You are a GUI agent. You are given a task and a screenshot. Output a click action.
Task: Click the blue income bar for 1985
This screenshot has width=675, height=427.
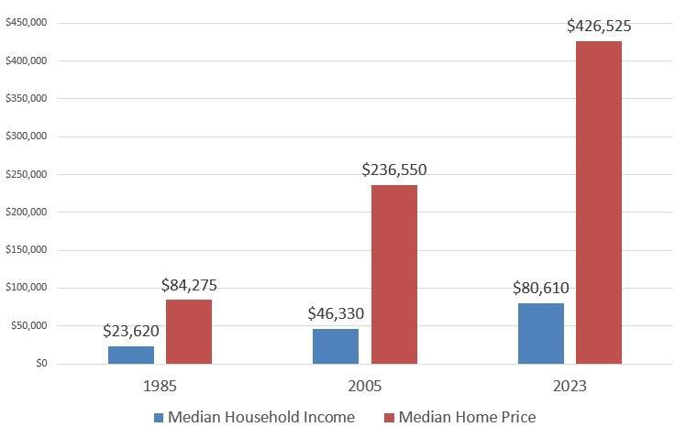tap(131, 355)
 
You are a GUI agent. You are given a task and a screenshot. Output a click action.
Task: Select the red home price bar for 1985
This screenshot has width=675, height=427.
tap(189, 332)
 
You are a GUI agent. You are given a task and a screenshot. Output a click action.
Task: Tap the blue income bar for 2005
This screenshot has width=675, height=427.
tap(336, 346)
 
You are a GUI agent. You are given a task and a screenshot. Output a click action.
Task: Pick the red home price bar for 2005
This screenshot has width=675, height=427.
tap(394, 274)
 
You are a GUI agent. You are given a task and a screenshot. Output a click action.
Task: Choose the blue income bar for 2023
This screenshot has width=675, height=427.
tap(541, 334)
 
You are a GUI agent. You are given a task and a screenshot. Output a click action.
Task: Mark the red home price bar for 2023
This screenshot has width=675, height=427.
tap(599, 202)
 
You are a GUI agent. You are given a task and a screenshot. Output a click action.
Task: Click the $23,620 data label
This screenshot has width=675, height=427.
tap(132, 331)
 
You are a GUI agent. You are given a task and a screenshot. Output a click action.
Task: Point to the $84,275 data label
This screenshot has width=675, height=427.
tap(189, 285)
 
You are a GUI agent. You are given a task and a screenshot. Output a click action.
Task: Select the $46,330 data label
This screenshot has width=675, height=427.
tap(336, 313)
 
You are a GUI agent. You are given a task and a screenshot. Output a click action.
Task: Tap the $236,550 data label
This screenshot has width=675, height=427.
tap(394, 170)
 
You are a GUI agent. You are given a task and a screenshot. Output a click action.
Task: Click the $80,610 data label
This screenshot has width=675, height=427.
tap(541, 288)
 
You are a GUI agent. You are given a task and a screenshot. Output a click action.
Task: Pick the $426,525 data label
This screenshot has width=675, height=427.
tap(599, 26)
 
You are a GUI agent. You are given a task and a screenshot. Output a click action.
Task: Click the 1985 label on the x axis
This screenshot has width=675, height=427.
tap(161, 386)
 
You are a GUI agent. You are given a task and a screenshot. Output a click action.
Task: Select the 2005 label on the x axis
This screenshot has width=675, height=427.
tap(365, 386)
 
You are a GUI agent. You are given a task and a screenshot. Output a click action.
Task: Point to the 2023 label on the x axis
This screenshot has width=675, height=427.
tap(570, 386)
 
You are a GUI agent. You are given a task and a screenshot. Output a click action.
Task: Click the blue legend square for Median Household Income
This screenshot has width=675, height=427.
tap(160, 418)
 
